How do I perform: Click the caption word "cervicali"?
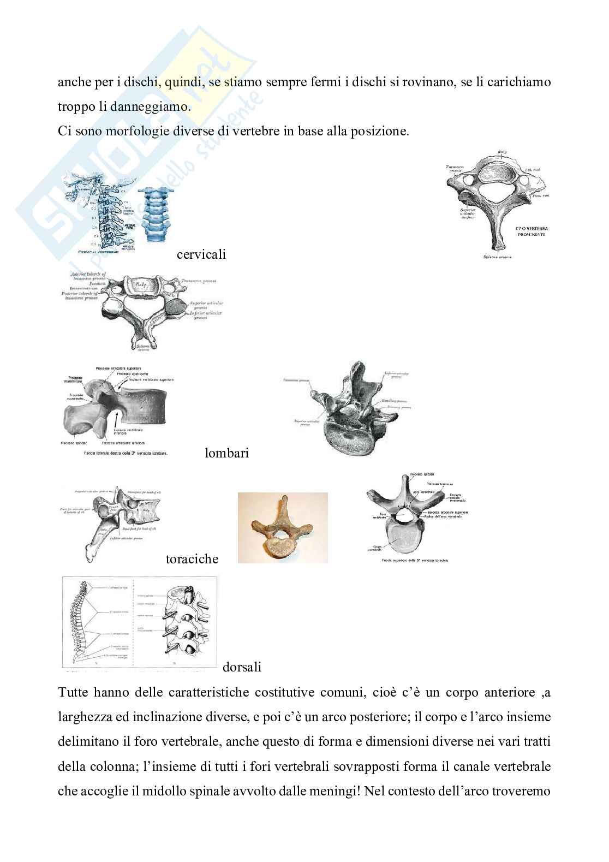[x=201, y=254]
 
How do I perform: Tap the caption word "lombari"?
[x=226, y=453]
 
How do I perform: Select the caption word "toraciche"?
[x=192, y=559]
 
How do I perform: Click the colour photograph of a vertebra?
[x=283, y=527]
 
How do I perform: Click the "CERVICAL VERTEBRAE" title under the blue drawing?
[x=104, y=252]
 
